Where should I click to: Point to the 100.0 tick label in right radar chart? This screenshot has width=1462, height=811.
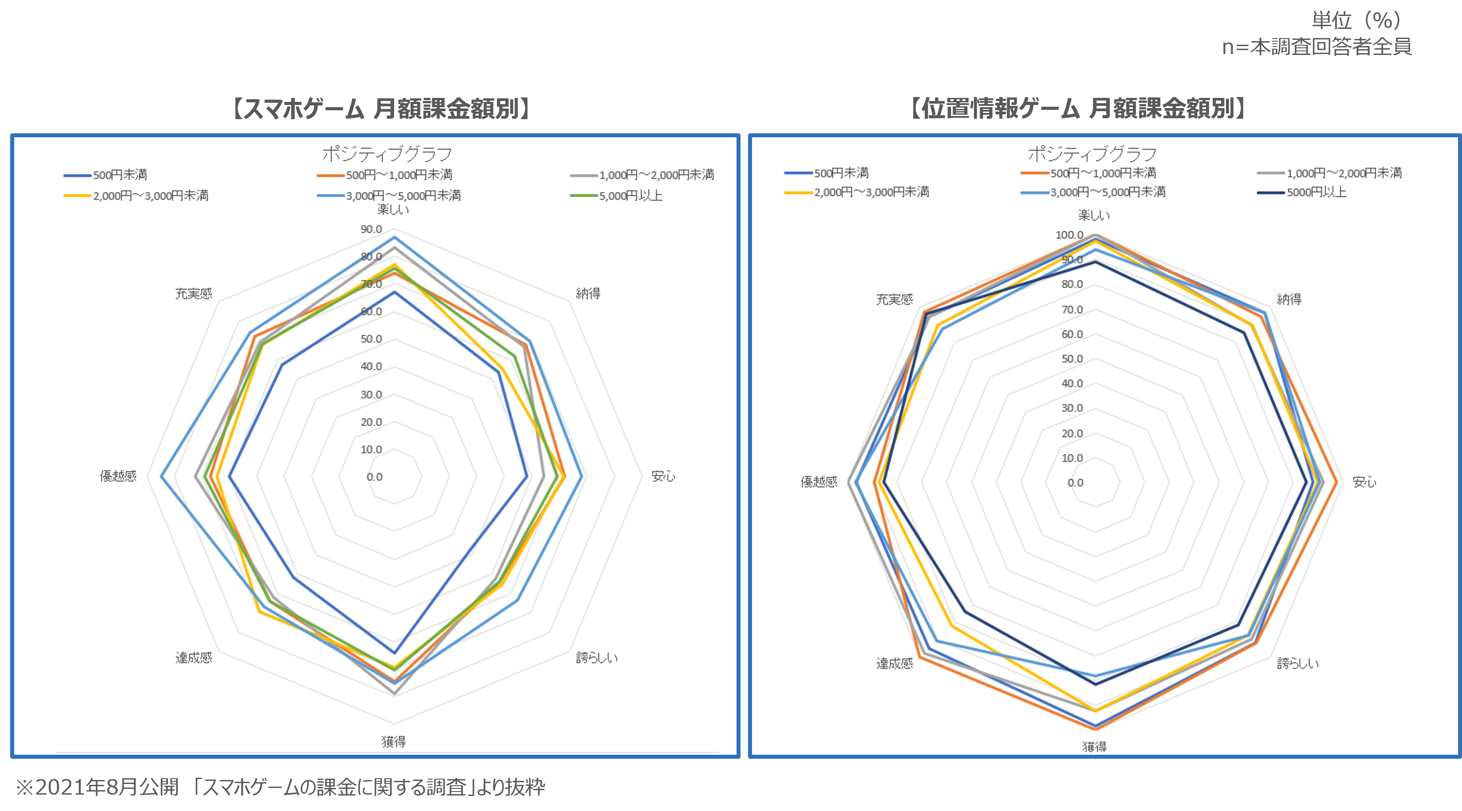(x=1069, y=235)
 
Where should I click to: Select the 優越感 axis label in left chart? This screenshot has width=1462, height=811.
(x=118, y=476)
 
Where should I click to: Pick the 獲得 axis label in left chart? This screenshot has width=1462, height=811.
(x=393, y=741)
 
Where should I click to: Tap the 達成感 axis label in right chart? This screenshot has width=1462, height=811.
(x=895, y=664)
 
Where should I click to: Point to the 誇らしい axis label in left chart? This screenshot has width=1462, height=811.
(x=597, y=658)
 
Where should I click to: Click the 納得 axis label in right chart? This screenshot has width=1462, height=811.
(x=1289, y=299)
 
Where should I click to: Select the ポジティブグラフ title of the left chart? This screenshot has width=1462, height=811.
(x=387, y=154)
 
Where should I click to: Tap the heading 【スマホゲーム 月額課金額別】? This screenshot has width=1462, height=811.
(x=381, y=108)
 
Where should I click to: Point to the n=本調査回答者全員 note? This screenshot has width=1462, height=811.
(x=1316, y=47)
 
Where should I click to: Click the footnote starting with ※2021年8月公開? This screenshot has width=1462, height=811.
(x=280, y=787)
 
